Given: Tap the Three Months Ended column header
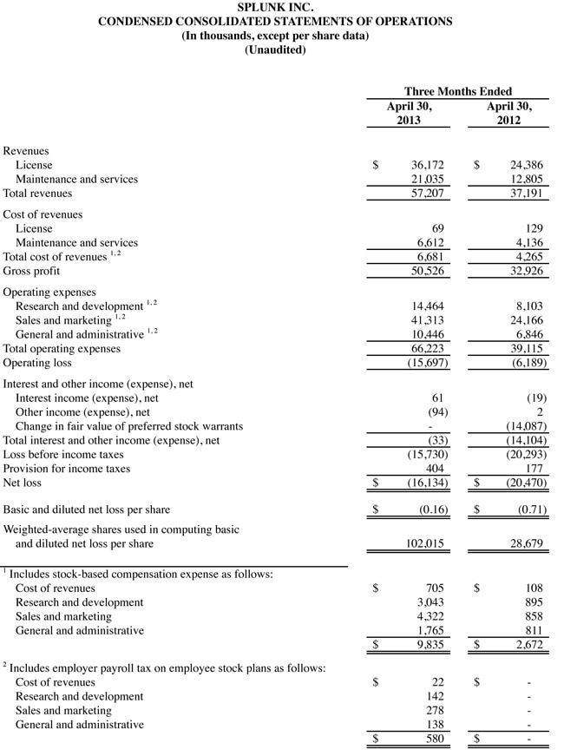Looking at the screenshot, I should (x=458, y=91).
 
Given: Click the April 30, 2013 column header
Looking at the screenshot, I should (x=409, y=113).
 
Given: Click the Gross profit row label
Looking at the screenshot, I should (x=31, y=271).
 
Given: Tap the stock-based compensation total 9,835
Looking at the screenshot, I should (x=430, y=645).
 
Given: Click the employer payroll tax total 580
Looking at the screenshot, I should (x=434, y=739).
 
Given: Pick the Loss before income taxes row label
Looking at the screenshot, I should (x=63, y=455).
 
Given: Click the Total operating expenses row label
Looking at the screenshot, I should (x=62, y=349).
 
